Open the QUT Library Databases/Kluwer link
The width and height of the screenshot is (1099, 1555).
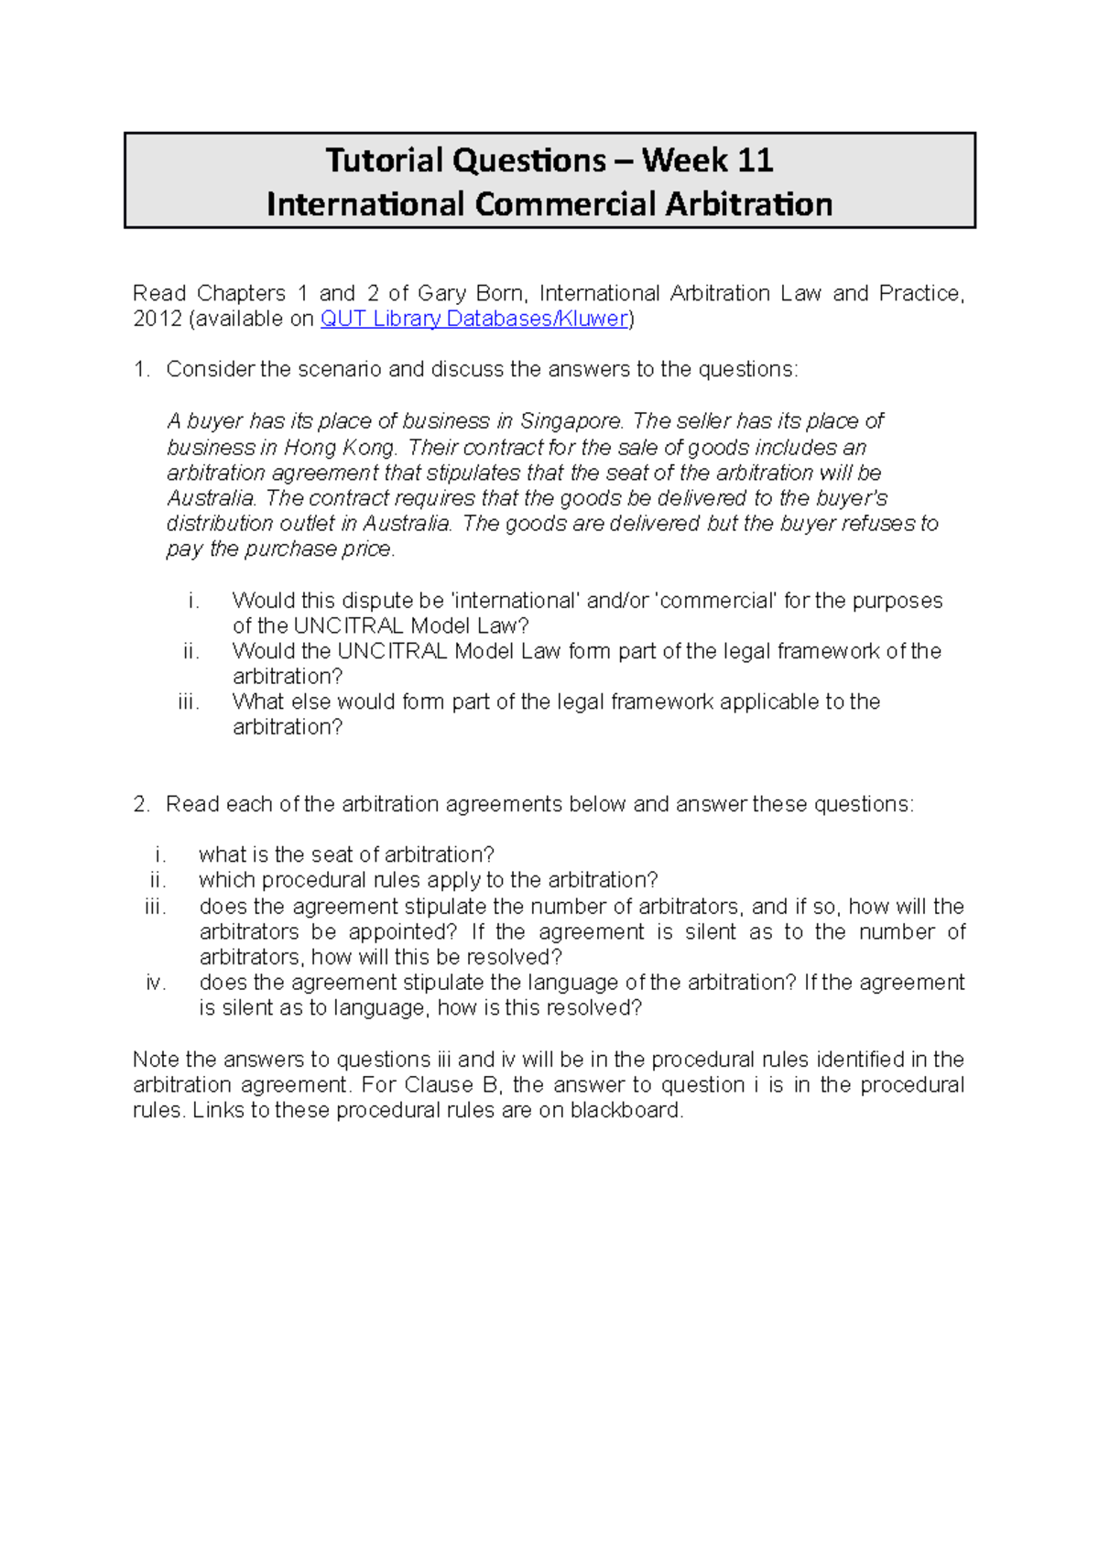coord(473,319)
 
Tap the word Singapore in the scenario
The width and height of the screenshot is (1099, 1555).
coord(571,421)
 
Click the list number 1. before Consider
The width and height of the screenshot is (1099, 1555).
coord(141,369)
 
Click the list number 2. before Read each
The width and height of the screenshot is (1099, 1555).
coord(141,804)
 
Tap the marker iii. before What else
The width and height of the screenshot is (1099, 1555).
coord(189,701)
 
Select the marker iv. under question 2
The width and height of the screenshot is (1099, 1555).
coord(156,983)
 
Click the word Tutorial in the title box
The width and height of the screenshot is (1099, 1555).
coord(385,161)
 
